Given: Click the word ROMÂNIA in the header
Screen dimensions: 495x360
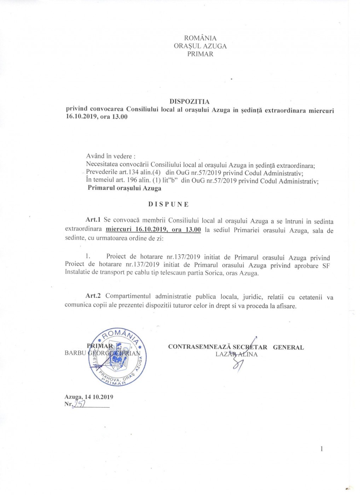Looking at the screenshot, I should click(x=200, y=38).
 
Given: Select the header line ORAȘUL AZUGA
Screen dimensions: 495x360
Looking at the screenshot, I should click(x=200, y=46).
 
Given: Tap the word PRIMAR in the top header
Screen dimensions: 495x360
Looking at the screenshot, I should click(x=200, y=54).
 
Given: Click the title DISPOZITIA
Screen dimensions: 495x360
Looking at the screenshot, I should click(x=189, y=102).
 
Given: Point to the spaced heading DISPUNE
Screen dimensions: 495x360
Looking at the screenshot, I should click(x=168, y=204).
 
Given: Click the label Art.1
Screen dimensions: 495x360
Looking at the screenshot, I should click(x=93, y=220).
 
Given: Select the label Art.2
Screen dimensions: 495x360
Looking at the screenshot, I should click(x=93, y=296).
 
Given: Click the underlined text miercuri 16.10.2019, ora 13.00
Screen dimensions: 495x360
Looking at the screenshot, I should click(x=153, y=229).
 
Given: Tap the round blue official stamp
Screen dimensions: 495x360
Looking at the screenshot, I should click(x=117, y=357).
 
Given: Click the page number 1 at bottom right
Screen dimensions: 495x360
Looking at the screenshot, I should click(x=321, y=449).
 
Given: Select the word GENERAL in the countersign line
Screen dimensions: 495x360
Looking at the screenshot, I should click(x=288, y=347).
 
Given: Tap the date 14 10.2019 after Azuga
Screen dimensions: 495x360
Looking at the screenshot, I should click(x=99, y=397).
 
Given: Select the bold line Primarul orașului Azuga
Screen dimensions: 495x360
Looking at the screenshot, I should click(x=124, y=188).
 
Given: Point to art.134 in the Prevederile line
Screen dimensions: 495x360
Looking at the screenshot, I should click(x=129, y=173).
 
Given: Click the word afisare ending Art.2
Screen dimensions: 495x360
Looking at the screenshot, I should click(x=285, y=306).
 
